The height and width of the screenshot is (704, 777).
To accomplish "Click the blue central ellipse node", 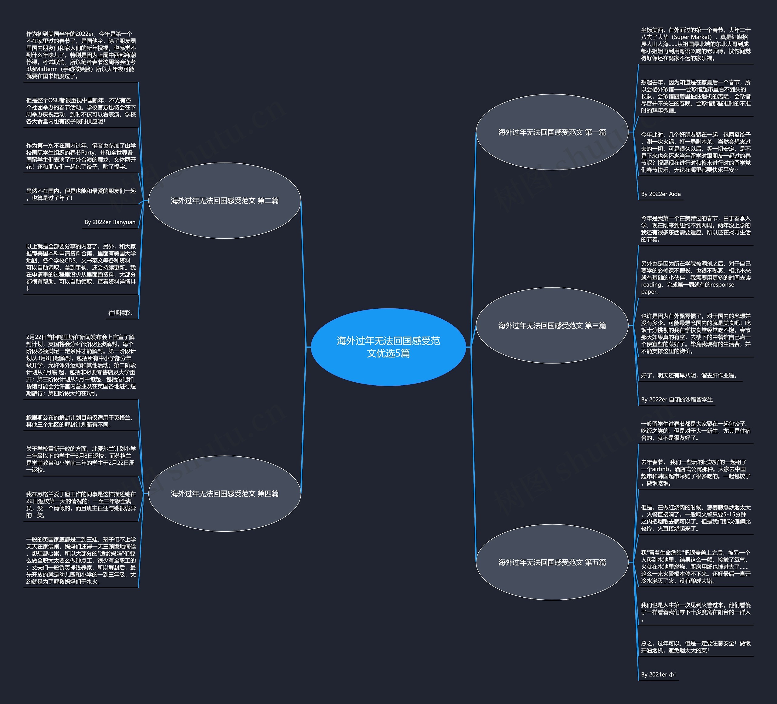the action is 388,347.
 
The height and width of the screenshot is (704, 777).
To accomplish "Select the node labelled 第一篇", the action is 552,132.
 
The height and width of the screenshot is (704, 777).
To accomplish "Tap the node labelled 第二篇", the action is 224,200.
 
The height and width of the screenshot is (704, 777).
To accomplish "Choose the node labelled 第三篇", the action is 552,326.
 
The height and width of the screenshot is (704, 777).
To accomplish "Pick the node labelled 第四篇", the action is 224,494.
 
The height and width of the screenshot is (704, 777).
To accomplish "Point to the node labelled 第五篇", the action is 552,562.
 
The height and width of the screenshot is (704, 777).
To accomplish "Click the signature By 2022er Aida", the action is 661,194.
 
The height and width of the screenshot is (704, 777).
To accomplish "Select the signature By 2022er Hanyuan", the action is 110,222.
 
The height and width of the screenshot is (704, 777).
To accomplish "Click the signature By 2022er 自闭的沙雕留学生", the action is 677,400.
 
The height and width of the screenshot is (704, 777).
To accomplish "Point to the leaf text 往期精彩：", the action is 120,313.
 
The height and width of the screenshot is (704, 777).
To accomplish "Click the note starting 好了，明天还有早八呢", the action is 689,375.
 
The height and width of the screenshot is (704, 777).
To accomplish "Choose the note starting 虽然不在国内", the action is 81,194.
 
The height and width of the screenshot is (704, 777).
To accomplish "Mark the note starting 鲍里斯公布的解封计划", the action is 80,421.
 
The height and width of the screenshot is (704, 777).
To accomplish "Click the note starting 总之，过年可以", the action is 695,647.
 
